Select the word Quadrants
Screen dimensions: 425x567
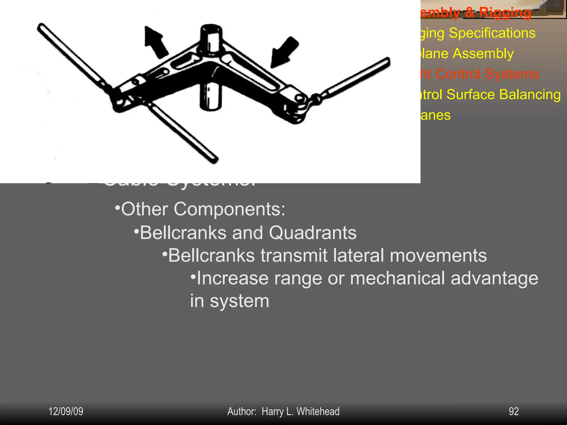(313, 233)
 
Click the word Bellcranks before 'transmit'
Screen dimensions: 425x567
(212, 255)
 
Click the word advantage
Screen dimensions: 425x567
(494, 278)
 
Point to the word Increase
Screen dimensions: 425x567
(233, 278)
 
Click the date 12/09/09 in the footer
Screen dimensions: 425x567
(66, 411)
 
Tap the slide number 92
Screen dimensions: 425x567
(514, 411)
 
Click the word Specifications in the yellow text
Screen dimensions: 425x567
(492, 33)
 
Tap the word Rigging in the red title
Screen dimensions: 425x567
(505, 13)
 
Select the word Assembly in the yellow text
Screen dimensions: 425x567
(483, 54)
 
